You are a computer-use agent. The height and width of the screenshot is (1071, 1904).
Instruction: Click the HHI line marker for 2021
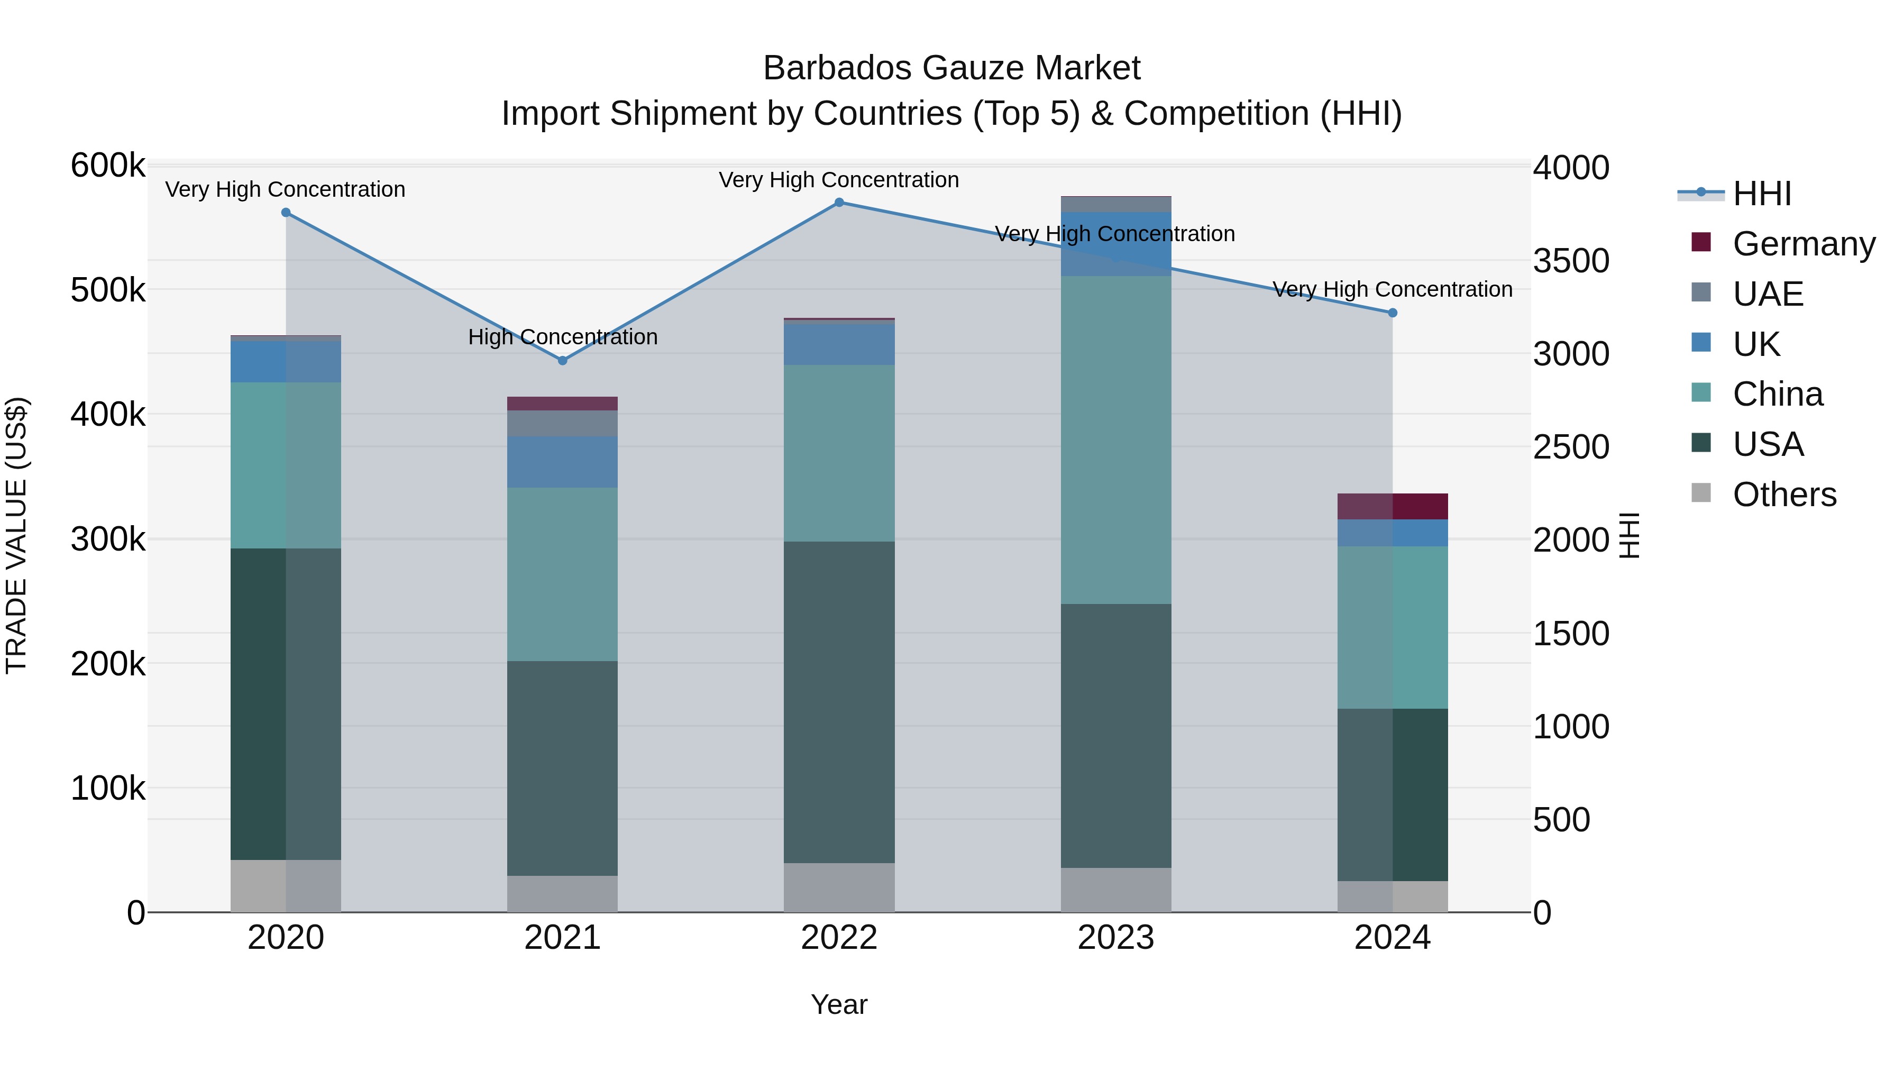(563, 361)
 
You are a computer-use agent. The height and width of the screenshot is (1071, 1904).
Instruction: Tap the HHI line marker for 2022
(839, 203)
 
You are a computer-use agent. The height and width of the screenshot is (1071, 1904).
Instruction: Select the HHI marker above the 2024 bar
(1393, 313)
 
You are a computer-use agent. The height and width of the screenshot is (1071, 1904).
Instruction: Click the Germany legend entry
(1804, 244)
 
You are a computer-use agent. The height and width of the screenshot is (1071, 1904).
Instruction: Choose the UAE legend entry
(1768, 294)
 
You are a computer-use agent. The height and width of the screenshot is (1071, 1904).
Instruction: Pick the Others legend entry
(1784, 495)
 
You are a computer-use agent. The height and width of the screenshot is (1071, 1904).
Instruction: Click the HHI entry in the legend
(1762, 194)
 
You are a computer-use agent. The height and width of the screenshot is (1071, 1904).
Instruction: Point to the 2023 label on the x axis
(1115, 938)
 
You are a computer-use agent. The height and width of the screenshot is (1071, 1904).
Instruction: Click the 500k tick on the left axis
(108, 290)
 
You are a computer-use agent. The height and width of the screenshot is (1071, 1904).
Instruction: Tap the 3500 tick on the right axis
(1571, 261)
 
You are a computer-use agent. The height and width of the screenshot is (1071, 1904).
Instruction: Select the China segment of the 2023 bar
(1115, 440)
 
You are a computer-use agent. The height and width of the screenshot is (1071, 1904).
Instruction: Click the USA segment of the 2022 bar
(839, 702)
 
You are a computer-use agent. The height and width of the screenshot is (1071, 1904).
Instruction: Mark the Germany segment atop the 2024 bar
(1393, 506)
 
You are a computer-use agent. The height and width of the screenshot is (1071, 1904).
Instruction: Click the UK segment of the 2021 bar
(563, 462)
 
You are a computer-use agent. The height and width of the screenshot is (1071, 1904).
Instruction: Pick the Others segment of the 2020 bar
(286, 885)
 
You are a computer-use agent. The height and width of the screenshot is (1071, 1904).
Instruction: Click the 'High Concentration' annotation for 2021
(563, 337)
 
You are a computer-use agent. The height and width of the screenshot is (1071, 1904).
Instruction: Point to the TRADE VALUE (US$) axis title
(16, 535)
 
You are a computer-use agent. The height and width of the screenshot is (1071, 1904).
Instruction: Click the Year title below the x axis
(839, 1004)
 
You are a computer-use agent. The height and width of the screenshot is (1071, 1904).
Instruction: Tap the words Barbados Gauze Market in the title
(951, 68)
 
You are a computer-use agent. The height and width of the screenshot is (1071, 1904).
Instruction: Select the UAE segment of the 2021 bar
(563, 424)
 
